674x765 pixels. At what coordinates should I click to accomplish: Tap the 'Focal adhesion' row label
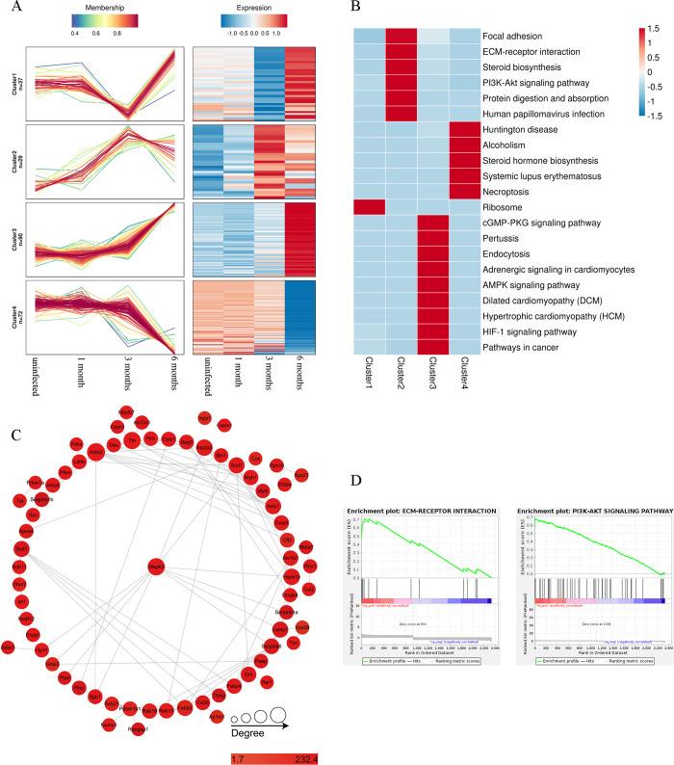click(x=522, y=36)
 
